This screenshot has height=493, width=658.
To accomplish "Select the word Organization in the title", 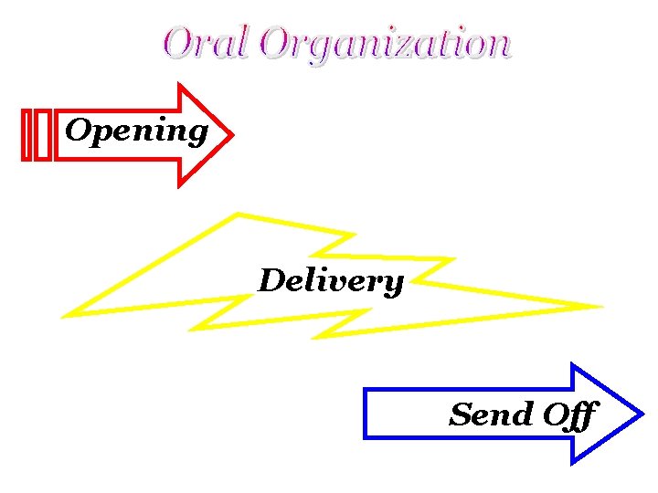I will click(384, 44).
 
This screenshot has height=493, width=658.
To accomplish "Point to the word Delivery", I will click(330, 280).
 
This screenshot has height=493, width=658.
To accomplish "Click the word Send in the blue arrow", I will click(491, 414).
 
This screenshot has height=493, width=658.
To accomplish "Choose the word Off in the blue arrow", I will click(569, 415).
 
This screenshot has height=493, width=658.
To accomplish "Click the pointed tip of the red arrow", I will click(233, 136).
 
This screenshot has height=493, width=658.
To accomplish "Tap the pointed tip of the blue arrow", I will click(642, 414).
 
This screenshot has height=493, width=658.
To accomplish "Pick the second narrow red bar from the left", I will click(42, 135).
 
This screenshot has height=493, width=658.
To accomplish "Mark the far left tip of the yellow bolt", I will click(63, 316).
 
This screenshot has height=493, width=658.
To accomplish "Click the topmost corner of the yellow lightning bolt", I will click(238, 215).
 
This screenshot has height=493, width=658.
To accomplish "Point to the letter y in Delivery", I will click(393, 284).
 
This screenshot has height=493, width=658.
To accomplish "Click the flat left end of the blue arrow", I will click(366, 414).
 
